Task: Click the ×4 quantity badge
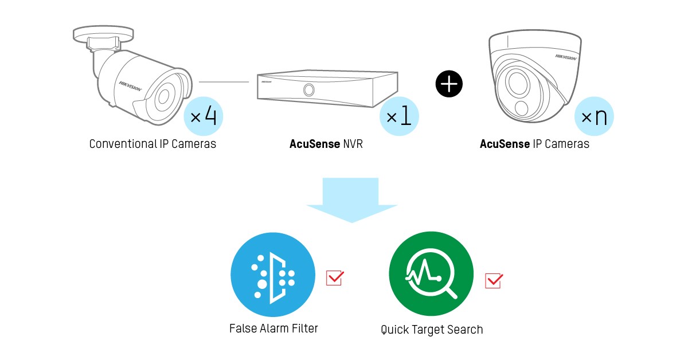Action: tap(203, 116)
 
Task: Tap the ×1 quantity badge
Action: tap(399, 116)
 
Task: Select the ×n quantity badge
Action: tap(594, 118)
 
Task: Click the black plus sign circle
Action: tap(449, 84)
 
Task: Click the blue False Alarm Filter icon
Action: tap(273, 274)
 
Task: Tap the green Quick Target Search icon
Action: tap(431, 274)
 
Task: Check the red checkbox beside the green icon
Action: tap(493, 280)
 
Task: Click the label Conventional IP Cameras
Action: tap(153, 144)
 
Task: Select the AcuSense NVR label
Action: tap(326, 144)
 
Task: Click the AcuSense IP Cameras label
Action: tap(534, 144)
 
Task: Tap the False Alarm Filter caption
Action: tap(273, 328)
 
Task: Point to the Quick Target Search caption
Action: tap(432, 330)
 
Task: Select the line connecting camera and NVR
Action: tap(224, 82)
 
